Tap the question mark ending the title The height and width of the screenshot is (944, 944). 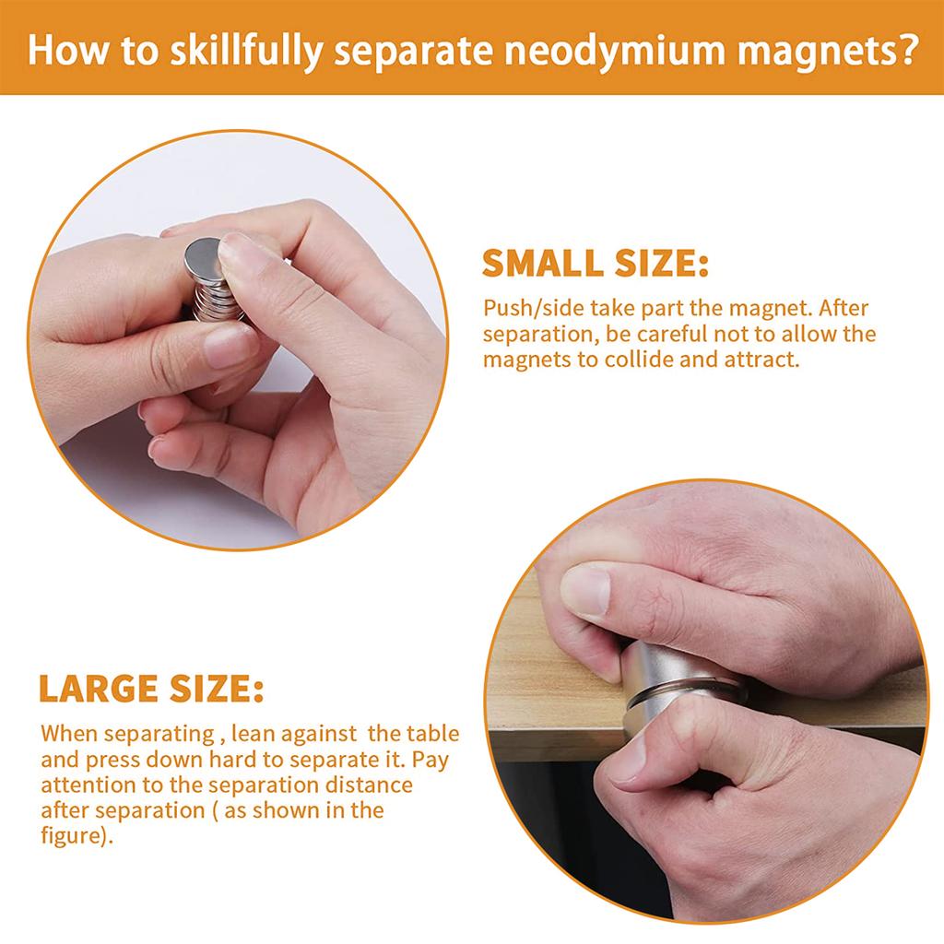coord(907,48)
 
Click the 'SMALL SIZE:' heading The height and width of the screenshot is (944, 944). coord(596,263)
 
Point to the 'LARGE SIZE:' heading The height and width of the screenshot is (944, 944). coord(151,689)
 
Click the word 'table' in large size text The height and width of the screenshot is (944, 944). coord(432,733)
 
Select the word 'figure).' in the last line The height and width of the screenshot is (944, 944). coord(77,836)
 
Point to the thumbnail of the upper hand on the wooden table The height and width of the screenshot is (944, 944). coord(585,590)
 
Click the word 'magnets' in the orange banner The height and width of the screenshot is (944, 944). coord(813,51)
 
